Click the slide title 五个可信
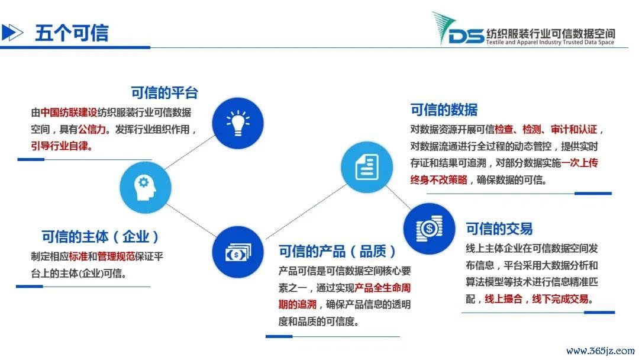(x=72, y=33)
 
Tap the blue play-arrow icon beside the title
(x=12, y=32)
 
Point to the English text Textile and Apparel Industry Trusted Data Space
(x=550, y=42)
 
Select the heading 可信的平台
(x=164, y=92)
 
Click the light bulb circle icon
(x=238, y=123)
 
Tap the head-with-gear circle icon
(x=146, y=188)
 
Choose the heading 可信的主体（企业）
(x=100, y=236)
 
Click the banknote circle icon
(x=238, y=252)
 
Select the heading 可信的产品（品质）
(x=337, y=251)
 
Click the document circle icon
(x=367, y=167)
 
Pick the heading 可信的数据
(x=444, y=110)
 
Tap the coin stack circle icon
(x=429, y=229)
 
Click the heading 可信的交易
(x=499, y=229)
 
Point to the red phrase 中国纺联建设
(x=69, y=112)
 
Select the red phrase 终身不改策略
(x=439, y=179)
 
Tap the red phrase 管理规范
(x=116, y=256)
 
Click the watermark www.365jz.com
(x=601, y=351)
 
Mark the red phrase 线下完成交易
(x=560, y=299)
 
